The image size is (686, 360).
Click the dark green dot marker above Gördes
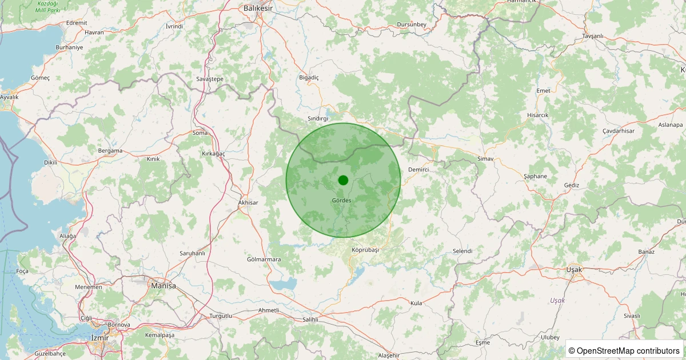coord(343,180)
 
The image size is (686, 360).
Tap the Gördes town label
coord(341,201)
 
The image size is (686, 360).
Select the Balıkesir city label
coord(258,9)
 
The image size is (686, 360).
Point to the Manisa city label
coord(163,285)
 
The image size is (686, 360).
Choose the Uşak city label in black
coord(573,269)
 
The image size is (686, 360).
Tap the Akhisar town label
coord(248,203)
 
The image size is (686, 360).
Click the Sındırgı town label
coord(318,118)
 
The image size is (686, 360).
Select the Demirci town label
coord(418,170)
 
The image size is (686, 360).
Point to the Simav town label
coord(485,158)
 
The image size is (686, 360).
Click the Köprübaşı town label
coord(365,250)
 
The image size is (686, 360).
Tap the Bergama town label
coord(110,151)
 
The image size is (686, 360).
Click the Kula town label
coord(416,303)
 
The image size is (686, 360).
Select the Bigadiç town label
coord(309,77)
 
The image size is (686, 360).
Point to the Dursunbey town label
coord(412,24)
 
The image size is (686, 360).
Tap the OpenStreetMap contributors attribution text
coord(624,350)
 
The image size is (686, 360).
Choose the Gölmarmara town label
coord(264,259)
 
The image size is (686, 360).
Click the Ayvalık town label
coord(9,97)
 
